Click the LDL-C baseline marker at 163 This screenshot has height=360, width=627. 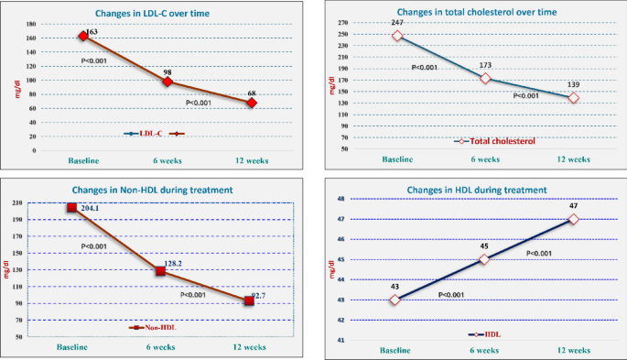click(x=83, y=35)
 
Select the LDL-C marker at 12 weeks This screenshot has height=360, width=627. click(x=252, y=103)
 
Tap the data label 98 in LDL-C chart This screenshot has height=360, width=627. click(x=168, y=70)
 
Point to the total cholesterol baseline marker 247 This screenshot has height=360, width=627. click(x=397, y=36)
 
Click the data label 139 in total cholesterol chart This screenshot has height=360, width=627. click(x=574, y=84)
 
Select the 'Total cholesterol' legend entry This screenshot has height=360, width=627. click(x=491, y=140)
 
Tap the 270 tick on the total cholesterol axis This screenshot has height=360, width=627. click(x=344, y=23)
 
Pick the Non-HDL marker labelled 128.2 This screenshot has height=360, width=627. click(x=160, y=270)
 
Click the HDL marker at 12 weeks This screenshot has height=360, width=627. click(x=573, y=219)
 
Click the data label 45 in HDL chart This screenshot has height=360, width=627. click(x=484, y=245)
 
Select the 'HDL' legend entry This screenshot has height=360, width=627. click(x=492, y=334)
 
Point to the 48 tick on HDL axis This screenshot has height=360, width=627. click(x=341, y=199)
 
